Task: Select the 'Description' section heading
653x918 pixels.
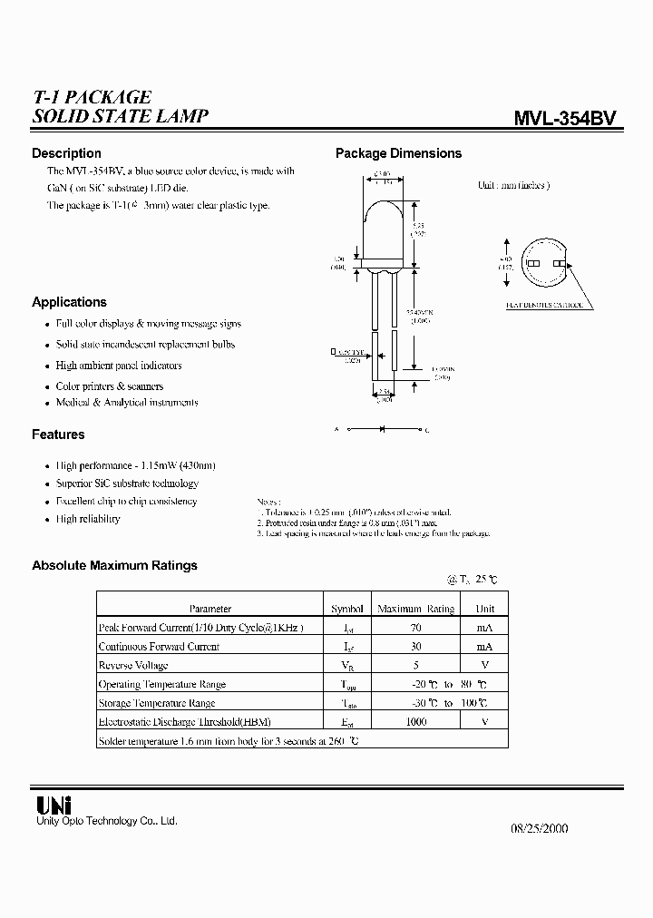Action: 66,153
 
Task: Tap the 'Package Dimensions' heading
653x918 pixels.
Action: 398,153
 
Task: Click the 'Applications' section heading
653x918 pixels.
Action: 69,302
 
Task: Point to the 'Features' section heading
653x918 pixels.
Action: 58,435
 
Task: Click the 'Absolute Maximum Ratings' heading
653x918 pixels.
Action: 114,565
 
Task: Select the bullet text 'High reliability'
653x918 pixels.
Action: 88,519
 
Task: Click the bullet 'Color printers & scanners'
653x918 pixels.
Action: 110,386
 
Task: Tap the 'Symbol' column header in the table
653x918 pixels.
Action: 346,609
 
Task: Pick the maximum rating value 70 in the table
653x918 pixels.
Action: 414,628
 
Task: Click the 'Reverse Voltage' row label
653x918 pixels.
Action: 133,665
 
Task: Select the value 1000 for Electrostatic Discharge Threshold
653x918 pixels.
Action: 414,722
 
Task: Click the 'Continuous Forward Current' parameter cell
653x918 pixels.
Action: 159,647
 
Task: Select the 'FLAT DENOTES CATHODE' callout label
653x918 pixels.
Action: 544,306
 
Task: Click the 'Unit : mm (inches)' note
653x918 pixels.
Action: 513,185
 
